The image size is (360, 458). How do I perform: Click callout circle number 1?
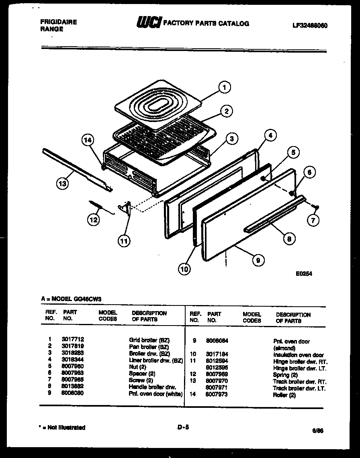(225, 88)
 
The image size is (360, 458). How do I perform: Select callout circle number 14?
(88, 140)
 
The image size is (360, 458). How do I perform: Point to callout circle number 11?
(124, 241)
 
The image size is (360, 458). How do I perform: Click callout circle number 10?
(184, 270)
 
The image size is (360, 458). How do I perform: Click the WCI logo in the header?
(149, 23)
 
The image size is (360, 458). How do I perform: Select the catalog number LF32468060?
(310, 25)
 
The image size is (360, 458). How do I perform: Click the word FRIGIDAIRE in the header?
(59, 22)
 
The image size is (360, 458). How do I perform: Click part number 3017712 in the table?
(73, 339)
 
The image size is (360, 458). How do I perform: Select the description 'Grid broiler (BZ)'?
(149, 340)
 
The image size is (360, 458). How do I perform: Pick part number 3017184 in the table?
(217, 354)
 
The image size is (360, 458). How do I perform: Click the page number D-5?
(183, 427)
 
